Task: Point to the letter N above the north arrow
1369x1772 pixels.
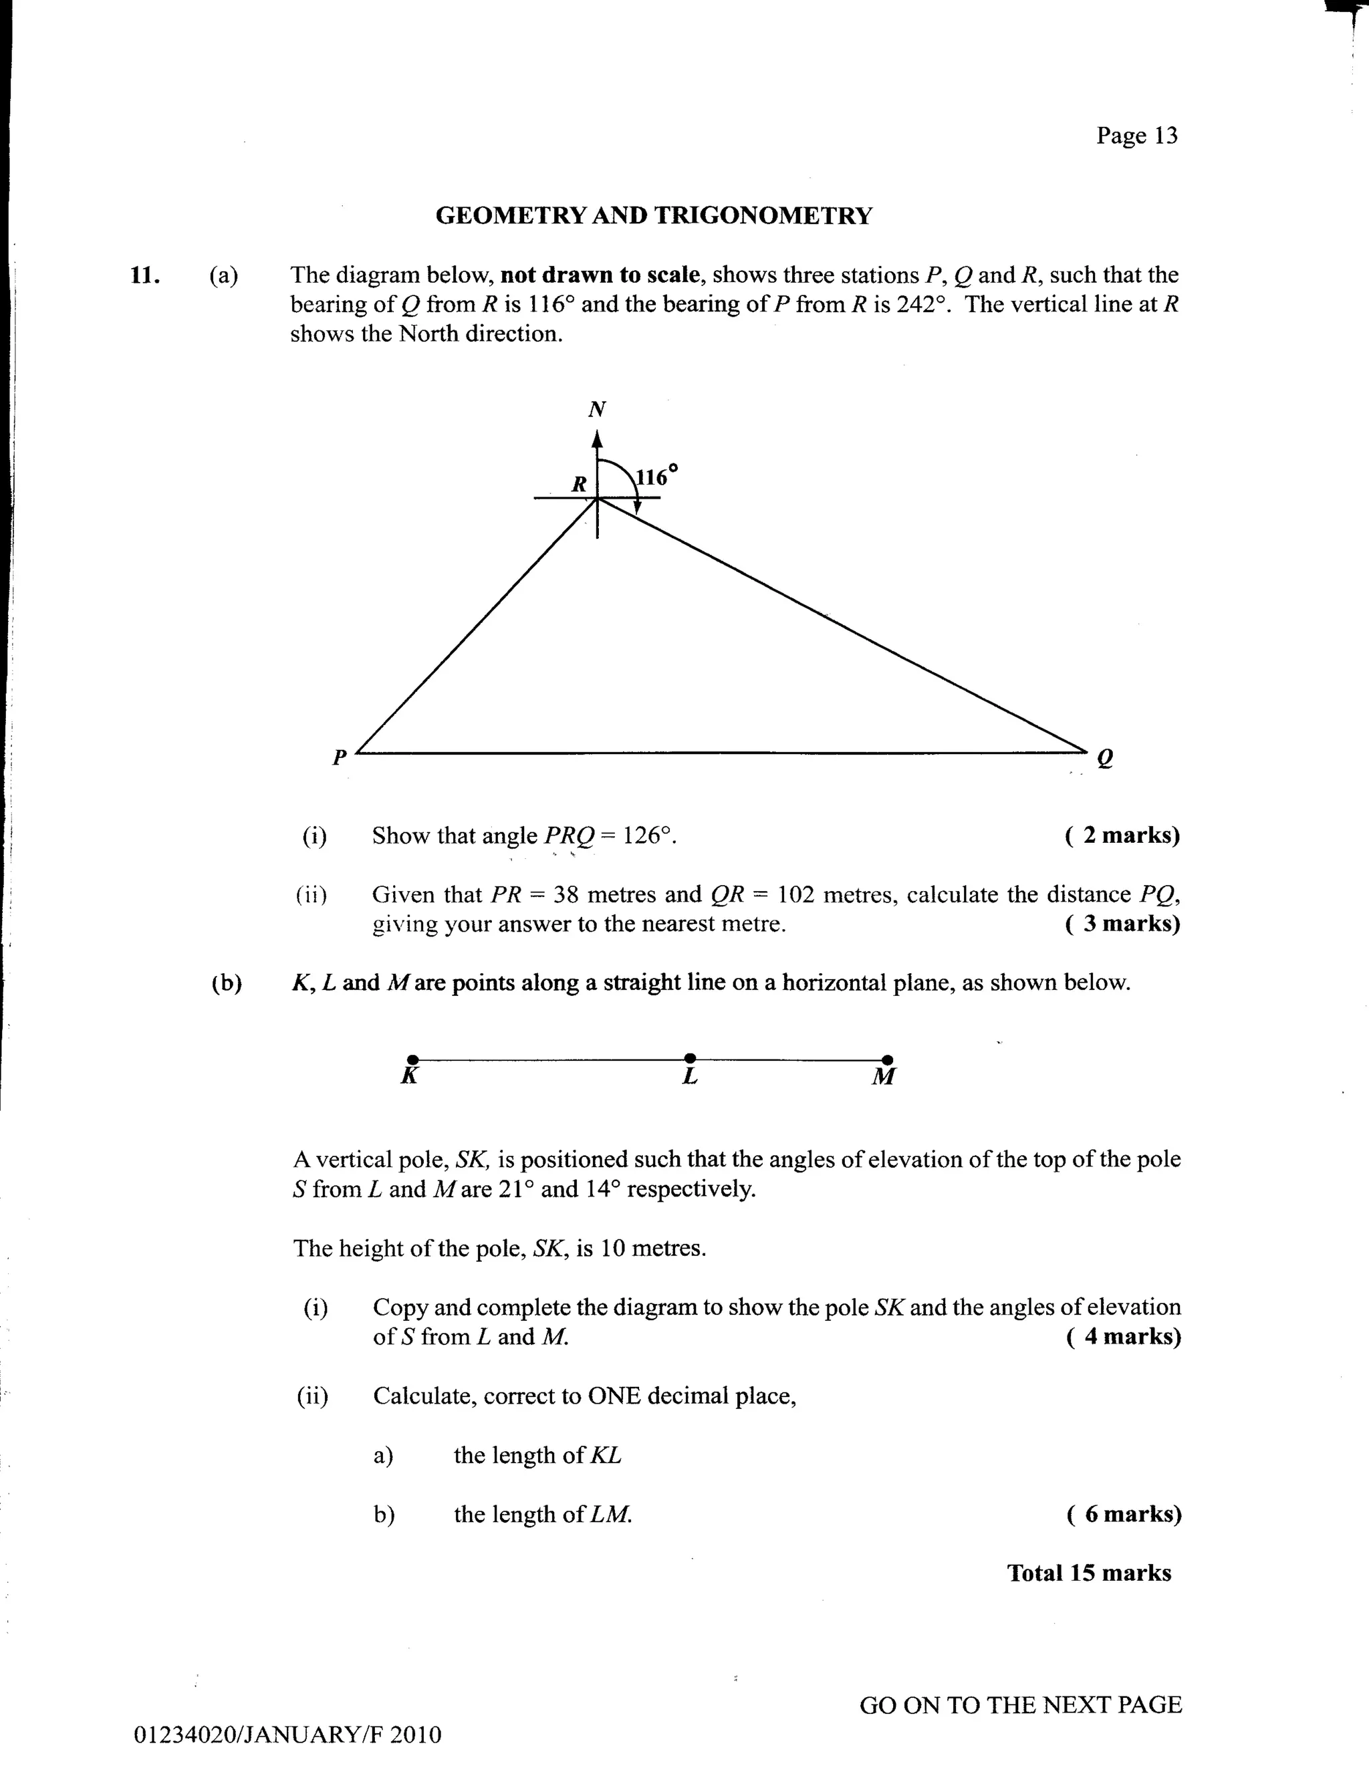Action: [597, 409]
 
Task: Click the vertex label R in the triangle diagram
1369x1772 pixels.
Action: [579, 485]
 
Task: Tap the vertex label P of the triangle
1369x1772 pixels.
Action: [339, 758]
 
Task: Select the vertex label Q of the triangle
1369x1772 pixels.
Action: [1104, 759]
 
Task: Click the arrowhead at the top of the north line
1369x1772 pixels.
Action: [598, 440]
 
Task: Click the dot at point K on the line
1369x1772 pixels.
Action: [413, 1059]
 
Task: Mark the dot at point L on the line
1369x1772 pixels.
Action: [690, 1058]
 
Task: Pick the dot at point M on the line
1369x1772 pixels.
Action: [887, 1059]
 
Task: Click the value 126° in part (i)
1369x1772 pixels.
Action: [648, 836]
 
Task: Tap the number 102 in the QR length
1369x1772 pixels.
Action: [795, 894]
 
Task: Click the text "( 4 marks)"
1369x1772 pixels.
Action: [1123, 1336]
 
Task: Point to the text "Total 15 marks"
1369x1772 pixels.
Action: [1089, 1572]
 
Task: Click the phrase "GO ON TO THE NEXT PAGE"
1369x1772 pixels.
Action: [1020, 1704]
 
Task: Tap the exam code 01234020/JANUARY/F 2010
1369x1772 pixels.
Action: [288, 1735]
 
